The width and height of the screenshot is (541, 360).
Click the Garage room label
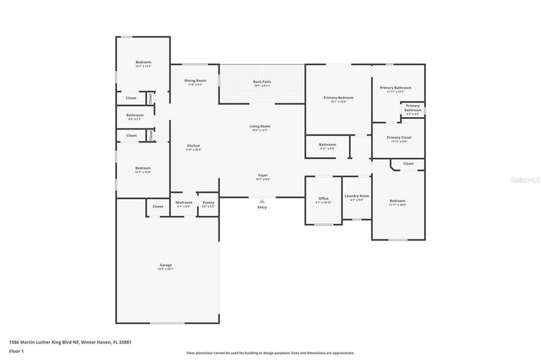click(166, 265)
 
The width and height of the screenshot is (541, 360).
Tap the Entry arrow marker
click(262, 202)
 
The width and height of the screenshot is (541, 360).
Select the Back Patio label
click(262, 82)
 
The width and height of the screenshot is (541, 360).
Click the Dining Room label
click(195, 80)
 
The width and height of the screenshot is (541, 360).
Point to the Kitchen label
click(193, 146)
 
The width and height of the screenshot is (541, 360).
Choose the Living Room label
click(260, 127)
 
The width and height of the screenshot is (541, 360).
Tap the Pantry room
click(208, 203)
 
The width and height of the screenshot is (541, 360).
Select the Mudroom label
click(184, 203)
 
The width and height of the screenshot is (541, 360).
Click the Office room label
click(324, 199)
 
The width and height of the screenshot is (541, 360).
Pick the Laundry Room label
click(357, 196)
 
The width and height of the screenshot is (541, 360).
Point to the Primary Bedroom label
click(339, 98)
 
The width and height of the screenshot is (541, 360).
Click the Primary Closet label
click(399, 137)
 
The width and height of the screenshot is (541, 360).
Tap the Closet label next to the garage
click(157, 206)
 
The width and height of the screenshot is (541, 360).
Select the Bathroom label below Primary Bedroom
click(327, 145)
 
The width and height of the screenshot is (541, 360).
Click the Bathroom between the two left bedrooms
click(135, 115)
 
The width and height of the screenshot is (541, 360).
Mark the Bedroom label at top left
click(143, 62)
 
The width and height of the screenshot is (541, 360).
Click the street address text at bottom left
click(70, 342)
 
